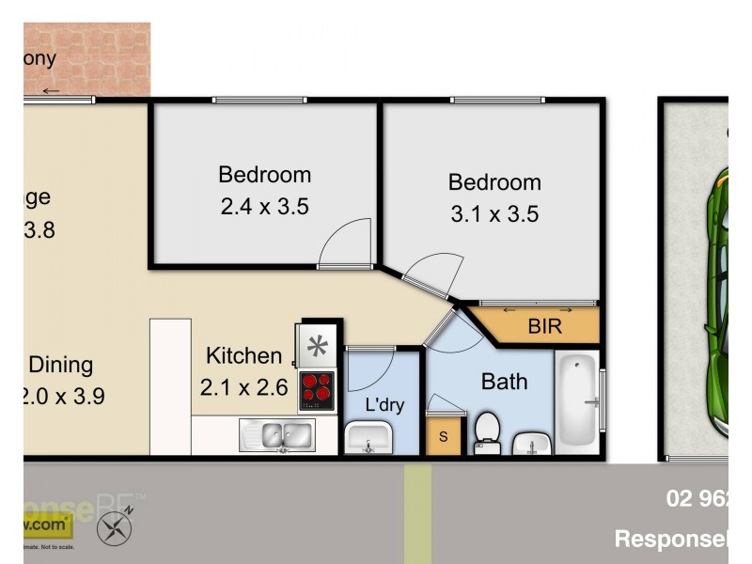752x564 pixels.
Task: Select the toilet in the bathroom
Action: pyautogui.click(x=487, y=431)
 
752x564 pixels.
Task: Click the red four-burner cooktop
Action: pyautogui.click(x=317, y=391)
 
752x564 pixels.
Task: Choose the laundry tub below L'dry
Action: pyautogui.click(x=369, y=437)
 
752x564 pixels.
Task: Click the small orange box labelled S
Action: pyautogui.click(x=445, y=437)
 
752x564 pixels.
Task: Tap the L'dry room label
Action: pyautogui.click(x=384, y=405)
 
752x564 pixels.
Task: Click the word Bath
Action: pyautogui.click(x=504, y=382)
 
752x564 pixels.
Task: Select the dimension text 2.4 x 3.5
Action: pyautogui.click(x=264, y=206)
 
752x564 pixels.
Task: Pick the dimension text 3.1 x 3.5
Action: pyautogui.click(x=494, y=213)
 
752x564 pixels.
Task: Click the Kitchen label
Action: pyautogui.click(x=243, y=356)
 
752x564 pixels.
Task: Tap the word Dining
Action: pyautogui.click(x=61, y=365)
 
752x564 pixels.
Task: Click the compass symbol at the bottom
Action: pyautogui.click(x=115, y=528)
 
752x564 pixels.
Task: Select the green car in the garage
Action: pyautogui.click(x=722, y=301)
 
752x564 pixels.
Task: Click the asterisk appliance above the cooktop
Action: pyautogui.click(x=317, y=345)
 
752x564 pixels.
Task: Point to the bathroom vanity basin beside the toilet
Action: pyautogui.click(x=533, y=442)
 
